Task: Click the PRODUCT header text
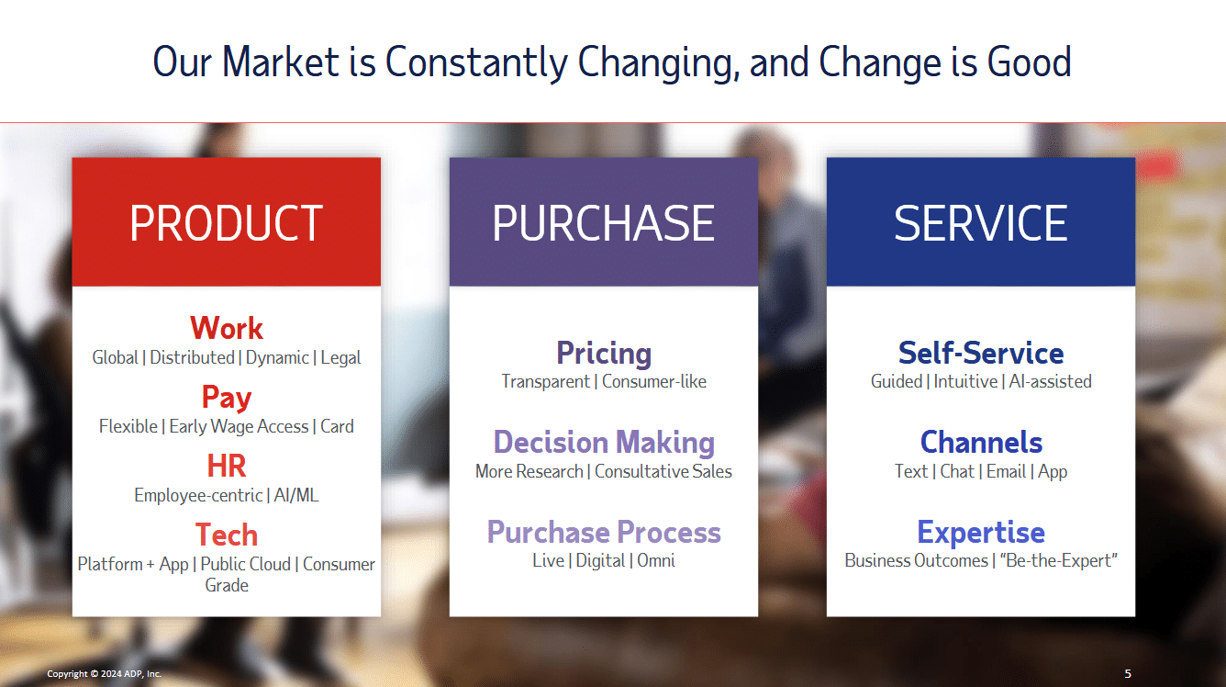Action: coord(226,223)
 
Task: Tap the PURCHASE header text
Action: coord(603,223)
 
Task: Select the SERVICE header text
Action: coord(980,223)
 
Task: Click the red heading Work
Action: coord(227,328)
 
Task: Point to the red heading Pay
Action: coord(227,399)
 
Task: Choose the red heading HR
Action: coord(227,467)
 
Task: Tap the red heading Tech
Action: coord(227,535)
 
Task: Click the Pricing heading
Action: coord(604,354)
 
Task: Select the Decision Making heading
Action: coord(604,443)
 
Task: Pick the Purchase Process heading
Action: coord(604,532)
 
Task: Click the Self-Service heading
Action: coord(981,353)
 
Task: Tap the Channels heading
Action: coord(981,442)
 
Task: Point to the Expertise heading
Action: coord(981,533)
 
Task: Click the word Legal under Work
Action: coord(340,358)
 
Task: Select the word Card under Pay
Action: coord(337,426)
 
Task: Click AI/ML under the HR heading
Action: coord(296,495)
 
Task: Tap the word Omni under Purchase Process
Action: coord(656,560)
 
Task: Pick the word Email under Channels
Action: coord(1006,471)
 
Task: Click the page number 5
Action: coord(1128,673)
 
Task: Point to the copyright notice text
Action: coord(104,674)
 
